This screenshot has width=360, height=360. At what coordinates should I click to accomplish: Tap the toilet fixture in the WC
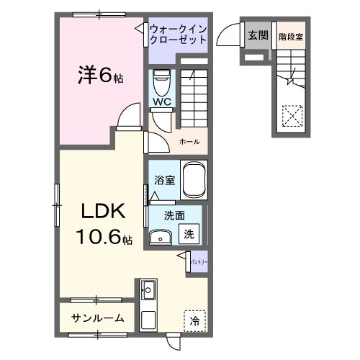(161, 81)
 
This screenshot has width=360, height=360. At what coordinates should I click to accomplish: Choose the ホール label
(189, 141)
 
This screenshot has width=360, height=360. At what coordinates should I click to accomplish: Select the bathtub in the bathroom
(194, 179)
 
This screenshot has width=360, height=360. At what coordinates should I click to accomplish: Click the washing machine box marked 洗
(189, 233)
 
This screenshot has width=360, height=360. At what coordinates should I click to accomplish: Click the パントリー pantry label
(199, 264)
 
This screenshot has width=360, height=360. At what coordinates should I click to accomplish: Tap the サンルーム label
(97, 318)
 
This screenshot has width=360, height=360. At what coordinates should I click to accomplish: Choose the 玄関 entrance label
(257, 35)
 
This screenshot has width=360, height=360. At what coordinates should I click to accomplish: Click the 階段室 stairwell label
(289, 35)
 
